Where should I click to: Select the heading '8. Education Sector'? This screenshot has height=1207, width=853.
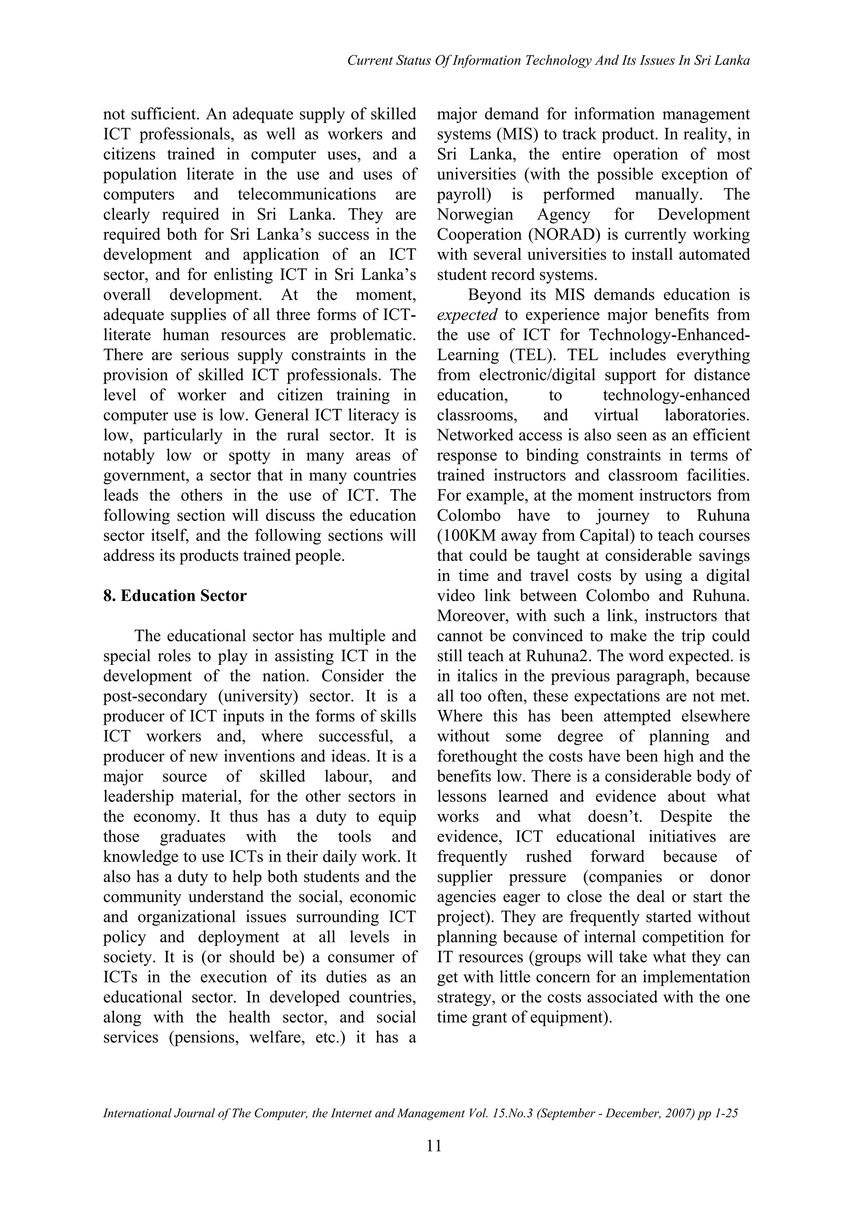pos(175,596)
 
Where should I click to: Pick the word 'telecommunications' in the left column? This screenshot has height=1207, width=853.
pos(307,195)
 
